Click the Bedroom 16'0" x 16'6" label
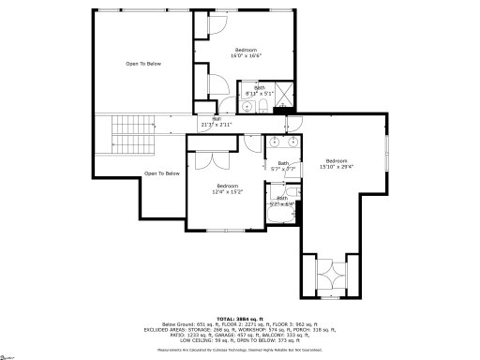(x=246, y=52)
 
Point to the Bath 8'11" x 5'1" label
(x=256, y=91)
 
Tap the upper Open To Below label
(x=143, y=64)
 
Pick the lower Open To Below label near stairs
(x=161, y=173)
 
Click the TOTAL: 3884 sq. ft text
(x=239, y=318)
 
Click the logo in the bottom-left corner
(x=10, y=354)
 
